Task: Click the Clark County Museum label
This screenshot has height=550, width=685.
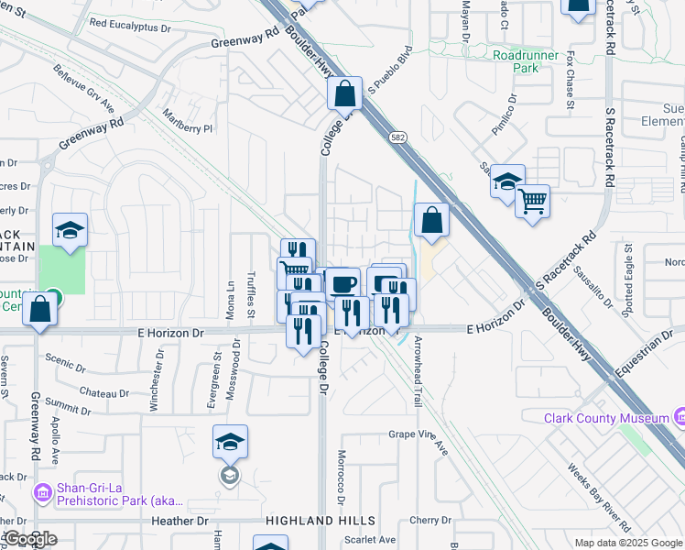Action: (x=606, y=418)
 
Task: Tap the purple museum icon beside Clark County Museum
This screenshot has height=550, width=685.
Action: (x=680, y=418)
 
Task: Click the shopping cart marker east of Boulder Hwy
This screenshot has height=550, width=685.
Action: (x=532, y=199)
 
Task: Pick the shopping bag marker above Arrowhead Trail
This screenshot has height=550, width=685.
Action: (x=431, y=220)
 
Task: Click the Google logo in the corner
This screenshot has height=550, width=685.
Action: (x=29, y=539)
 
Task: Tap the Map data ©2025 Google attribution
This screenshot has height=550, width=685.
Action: (x=628, y=543)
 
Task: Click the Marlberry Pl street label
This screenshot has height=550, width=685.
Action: (x=187, y=122)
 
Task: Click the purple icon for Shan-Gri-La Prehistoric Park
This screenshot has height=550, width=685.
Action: (x=42, y=494)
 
